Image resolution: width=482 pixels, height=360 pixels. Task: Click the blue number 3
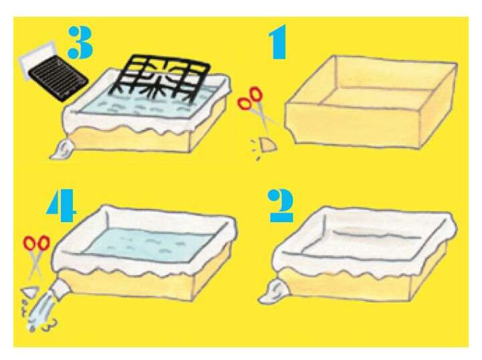click(x=80, y=42)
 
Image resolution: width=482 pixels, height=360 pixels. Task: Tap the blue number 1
click(x=278, y=42)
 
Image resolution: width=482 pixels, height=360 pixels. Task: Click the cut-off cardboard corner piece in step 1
click(x=268, y=145)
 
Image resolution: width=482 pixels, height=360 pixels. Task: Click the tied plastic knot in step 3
click(x=62, y=149)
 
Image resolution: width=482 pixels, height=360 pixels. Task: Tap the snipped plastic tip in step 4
click(x=30, y=292)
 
